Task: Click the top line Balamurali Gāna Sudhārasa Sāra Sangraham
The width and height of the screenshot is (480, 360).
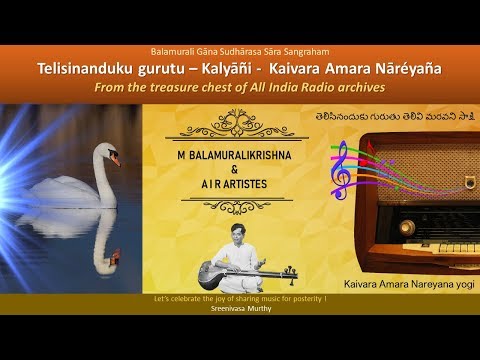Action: coord(240,51)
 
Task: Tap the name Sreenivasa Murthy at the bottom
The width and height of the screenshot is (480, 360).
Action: coord(240,310)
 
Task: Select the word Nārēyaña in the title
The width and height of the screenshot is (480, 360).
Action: coord(404,68)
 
